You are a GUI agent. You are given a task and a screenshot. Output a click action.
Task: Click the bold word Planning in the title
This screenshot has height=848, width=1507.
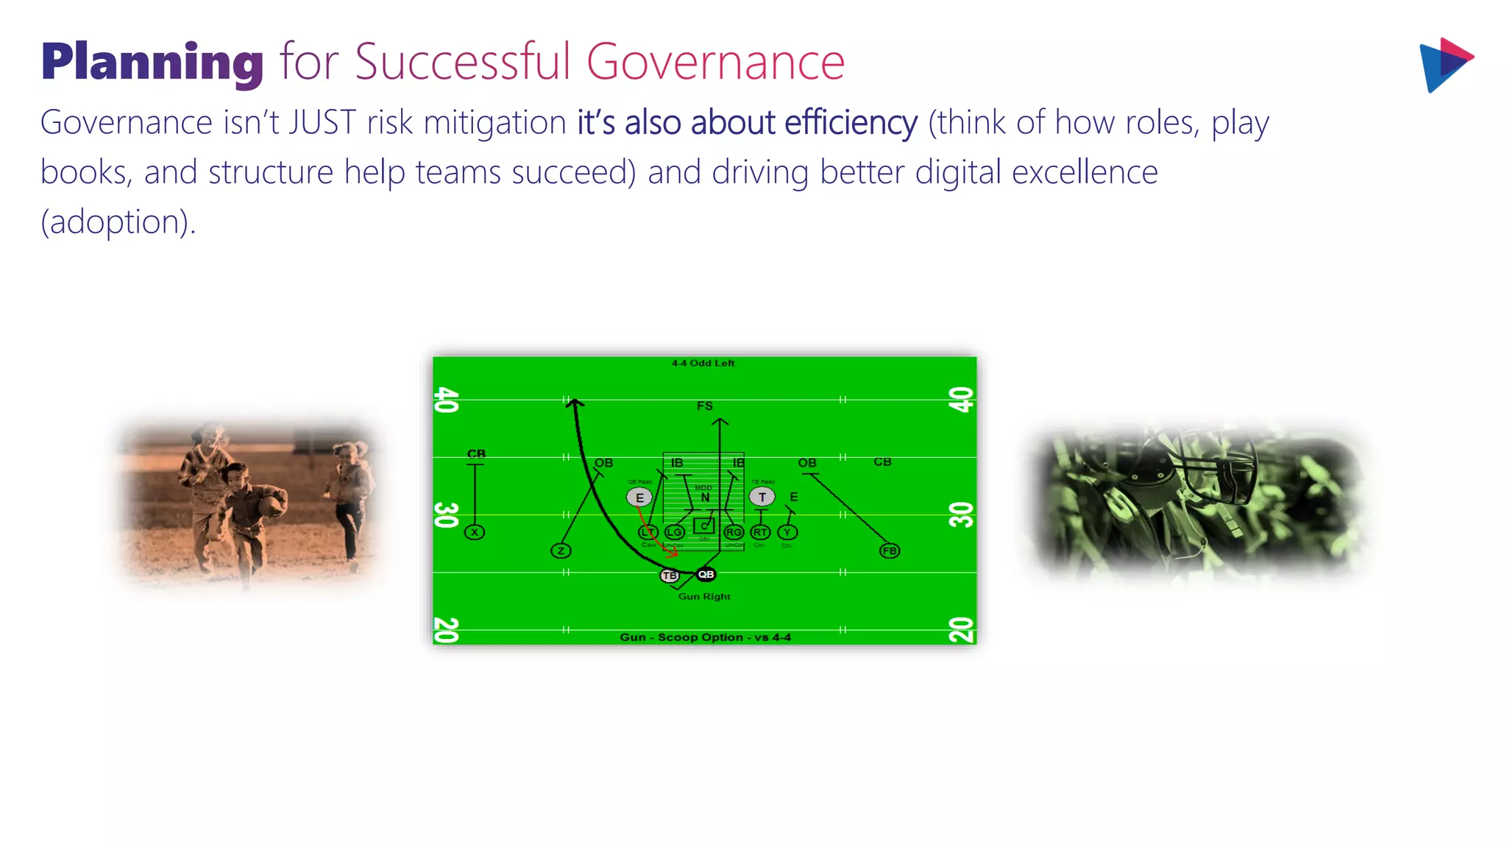tap(152, 62)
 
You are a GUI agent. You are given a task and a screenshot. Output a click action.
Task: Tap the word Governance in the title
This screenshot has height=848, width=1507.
tap(715, 62)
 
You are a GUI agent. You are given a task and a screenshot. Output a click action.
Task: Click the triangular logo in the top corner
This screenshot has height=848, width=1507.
tap(1444, 65)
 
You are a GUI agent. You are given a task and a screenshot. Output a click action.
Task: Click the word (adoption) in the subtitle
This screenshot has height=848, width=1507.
tap(118, 222)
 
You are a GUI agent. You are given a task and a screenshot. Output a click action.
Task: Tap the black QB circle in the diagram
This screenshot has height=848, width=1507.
tap(706, 574)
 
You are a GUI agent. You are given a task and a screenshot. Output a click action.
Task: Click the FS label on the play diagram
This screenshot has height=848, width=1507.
tap(704, 406)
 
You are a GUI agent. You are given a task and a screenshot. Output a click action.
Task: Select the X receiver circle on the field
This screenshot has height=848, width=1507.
tap(475, 532)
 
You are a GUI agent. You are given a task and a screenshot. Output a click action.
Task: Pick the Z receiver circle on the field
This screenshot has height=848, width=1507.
tap(561, 551)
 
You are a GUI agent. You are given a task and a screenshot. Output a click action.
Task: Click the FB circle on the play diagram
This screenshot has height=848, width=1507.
tap(889, 551)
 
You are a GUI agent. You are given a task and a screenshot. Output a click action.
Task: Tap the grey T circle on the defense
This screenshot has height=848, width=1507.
tap(762, 497)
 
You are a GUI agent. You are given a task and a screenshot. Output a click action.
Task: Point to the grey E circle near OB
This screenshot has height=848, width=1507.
tap(639, 498)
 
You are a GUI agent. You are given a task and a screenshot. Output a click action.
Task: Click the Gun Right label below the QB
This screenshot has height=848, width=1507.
tap(704, 596)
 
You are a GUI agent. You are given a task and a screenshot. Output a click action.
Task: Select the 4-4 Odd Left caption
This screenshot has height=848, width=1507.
tap(703, 363)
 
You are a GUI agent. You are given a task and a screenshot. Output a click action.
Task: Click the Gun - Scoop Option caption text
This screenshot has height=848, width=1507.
tap(705, 637)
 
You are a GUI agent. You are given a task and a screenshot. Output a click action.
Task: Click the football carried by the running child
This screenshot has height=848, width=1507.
tap(271, 505)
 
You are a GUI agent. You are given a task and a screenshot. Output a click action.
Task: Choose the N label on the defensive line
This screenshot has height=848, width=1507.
tap(705, 498)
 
